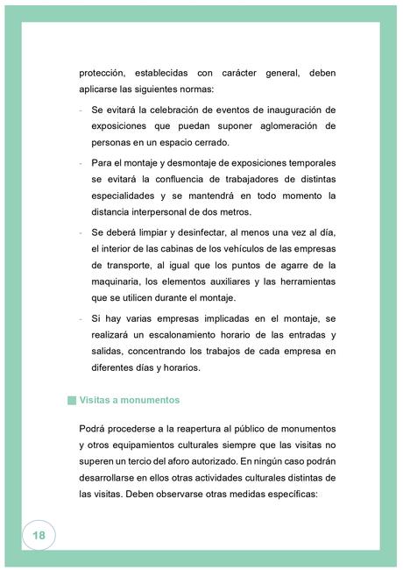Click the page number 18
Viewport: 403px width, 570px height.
pos(39,535)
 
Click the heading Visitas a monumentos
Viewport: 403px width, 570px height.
pos(129,400)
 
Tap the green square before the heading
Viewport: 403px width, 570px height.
pos(72,400)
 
